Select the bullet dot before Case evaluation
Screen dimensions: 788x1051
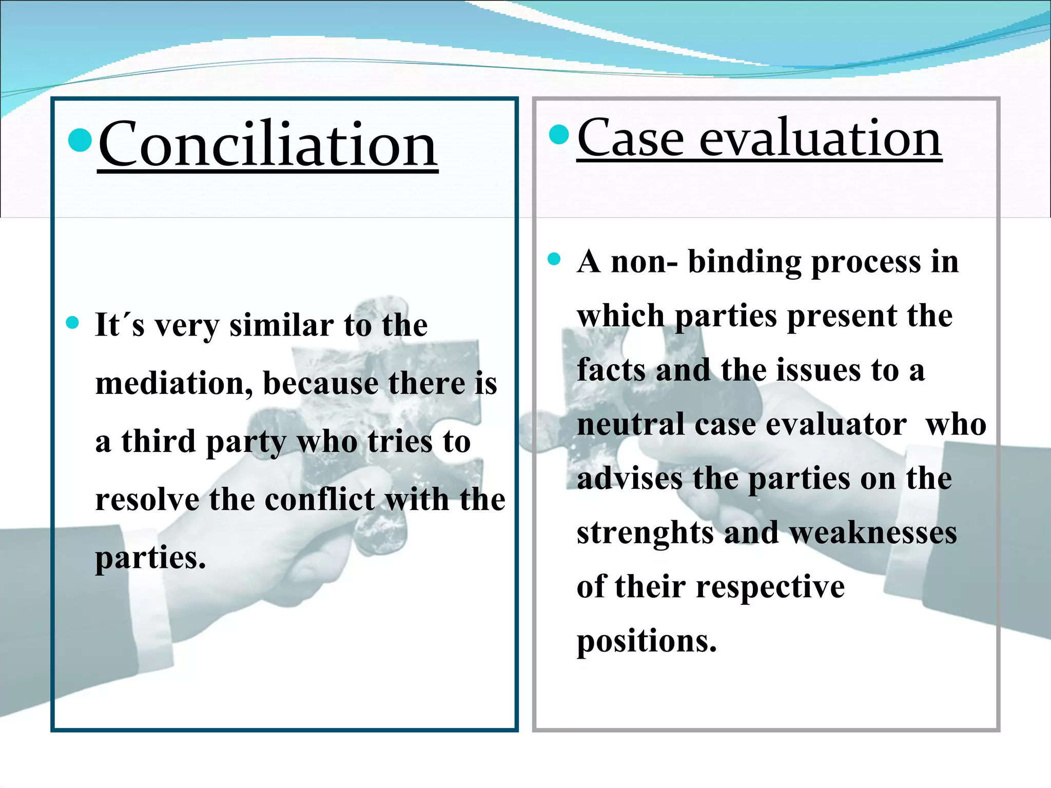(559, 134)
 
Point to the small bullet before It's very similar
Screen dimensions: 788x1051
(72, 323)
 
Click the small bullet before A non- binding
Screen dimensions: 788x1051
(554, 259)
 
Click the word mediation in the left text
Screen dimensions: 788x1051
(173, 383)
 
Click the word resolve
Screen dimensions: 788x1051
(147, 500)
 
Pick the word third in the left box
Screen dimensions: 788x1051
(158, 441)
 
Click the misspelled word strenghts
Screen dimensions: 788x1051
(645, 533)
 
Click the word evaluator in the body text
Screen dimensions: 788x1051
(835, 425)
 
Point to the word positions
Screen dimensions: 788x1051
(646, 641)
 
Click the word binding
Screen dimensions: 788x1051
(744, 262)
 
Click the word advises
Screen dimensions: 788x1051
(630, 479)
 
